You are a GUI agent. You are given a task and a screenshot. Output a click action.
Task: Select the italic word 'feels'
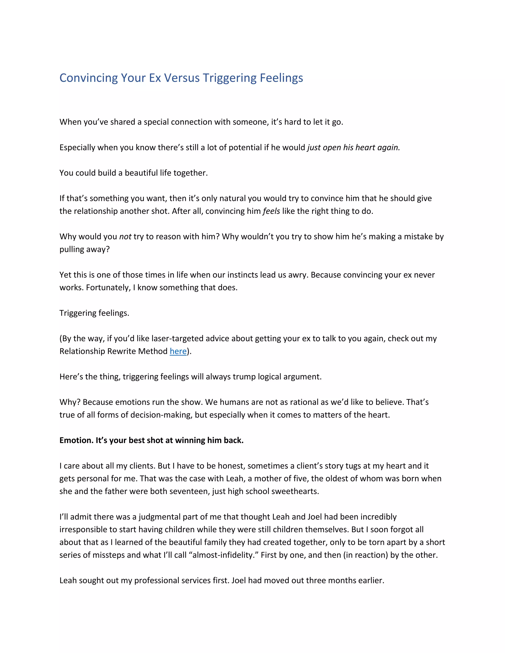271,211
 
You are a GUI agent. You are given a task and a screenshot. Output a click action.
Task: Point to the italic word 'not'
125,237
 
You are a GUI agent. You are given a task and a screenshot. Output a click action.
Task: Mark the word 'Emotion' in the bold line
76,440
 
